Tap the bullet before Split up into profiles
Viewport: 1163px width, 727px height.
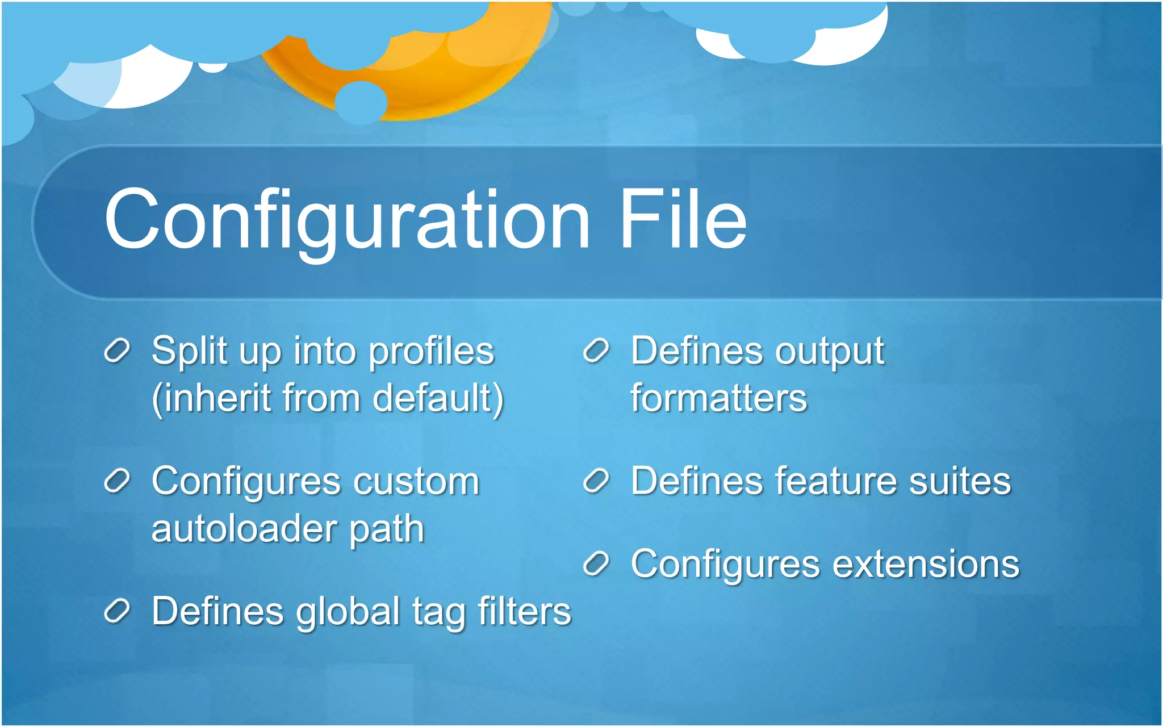118,350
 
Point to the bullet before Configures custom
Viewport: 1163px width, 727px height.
118,481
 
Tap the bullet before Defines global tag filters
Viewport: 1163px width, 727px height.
118,611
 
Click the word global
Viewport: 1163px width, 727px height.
348,612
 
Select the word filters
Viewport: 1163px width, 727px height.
524,611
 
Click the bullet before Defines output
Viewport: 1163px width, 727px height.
596,350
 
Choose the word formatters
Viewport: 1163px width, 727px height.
718,398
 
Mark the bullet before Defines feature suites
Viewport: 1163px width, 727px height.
596,481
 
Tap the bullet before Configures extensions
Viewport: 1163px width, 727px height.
596,564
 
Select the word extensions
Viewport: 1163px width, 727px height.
926,564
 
